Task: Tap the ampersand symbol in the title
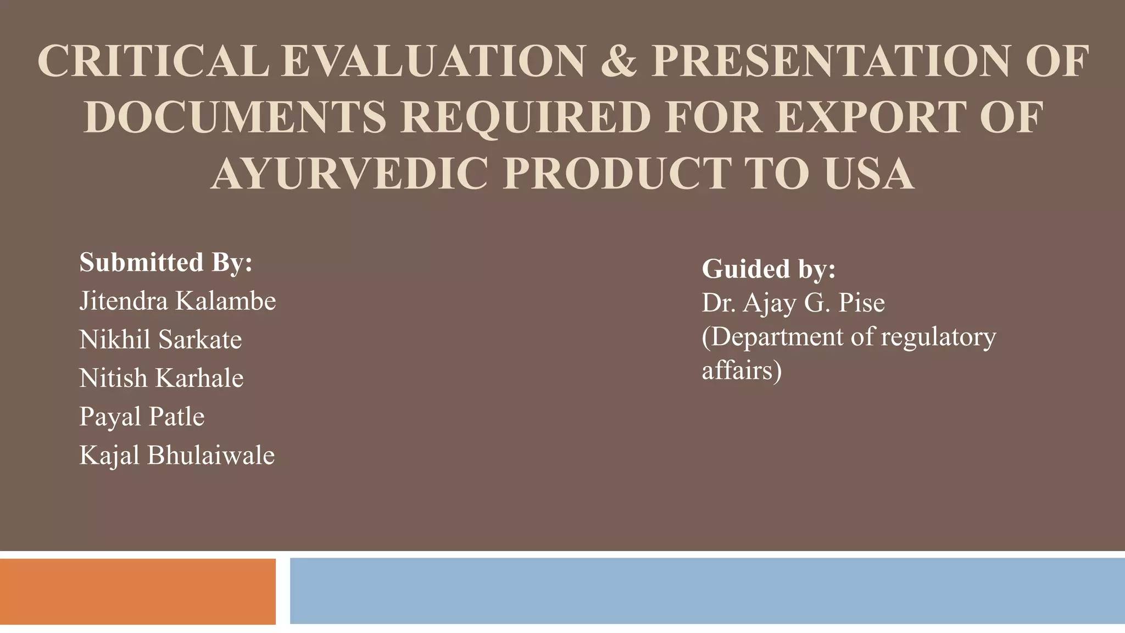tap(619, 62)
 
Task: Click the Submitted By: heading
tap(166, 262)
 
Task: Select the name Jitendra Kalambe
tap(177, 301)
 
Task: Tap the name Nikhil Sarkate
tap(160, 340)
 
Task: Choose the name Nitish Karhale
tap(161, 378)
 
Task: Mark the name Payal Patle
tap(142, 417)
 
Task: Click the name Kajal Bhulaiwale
tap(177, 456)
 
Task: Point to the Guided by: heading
tap(768, 269)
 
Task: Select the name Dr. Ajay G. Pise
tap(793, 303)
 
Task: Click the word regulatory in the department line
tap(938, 337)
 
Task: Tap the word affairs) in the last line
tap(742, 370)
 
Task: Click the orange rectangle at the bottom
tap(137, 591)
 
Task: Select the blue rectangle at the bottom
tap(707, 591)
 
